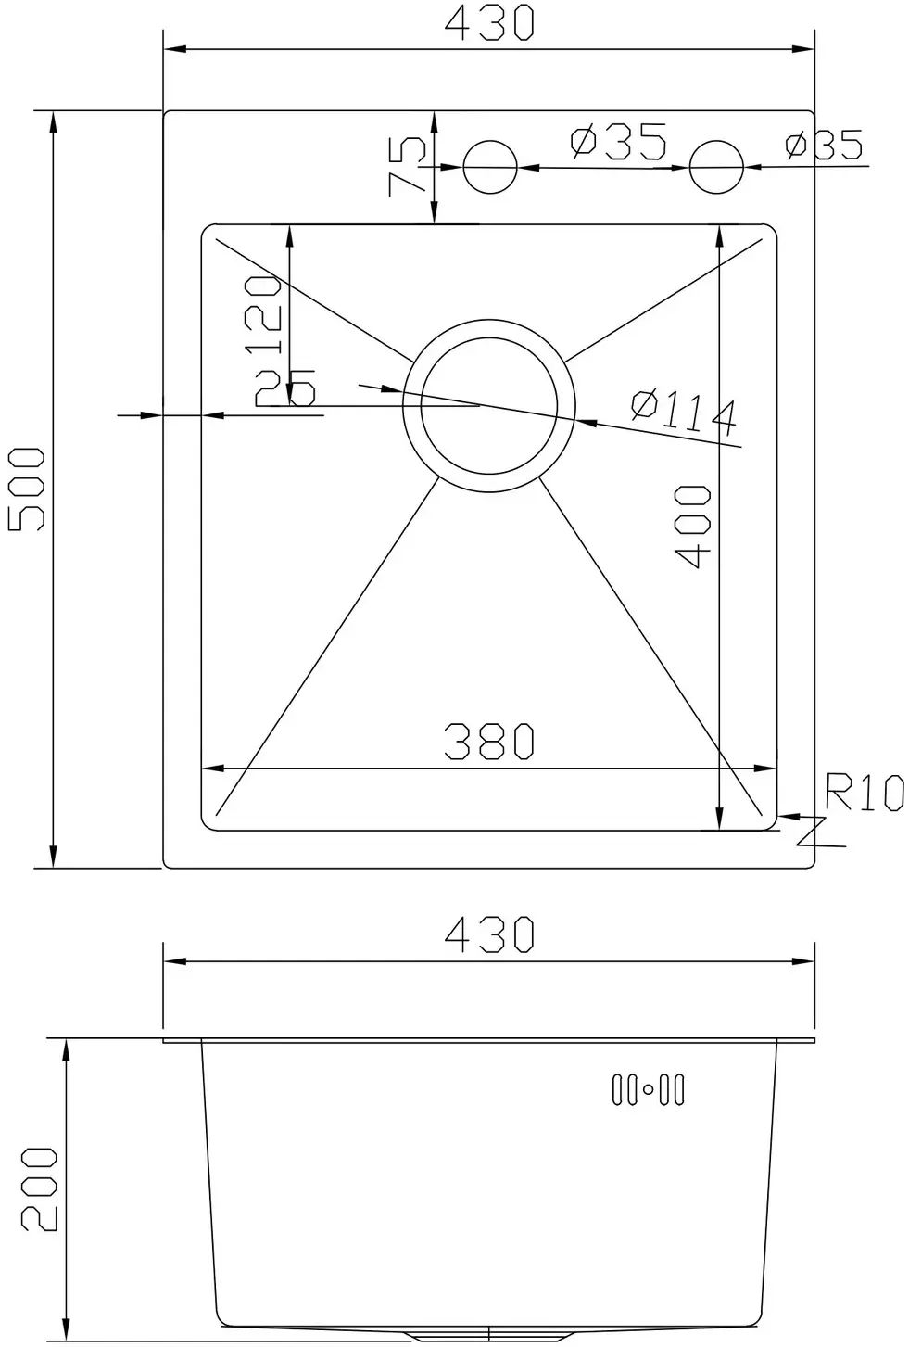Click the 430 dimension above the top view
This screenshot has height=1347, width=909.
pos(489,23)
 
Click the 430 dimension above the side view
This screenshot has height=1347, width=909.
pos(489,934)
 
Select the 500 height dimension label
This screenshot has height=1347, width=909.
pos(25,489)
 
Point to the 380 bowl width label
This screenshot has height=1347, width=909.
pos(489,742)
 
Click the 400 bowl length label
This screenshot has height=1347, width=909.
pos(692,525)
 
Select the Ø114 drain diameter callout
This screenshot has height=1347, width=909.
pos(684,412)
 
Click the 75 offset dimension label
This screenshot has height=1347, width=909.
pos(407,166)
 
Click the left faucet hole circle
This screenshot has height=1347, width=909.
pos(489,167)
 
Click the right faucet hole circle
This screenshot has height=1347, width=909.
pos(717,167)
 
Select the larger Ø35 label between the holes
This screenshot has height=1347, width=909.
pos(618,142)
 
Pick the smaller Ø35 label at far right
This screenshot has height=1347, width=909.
pos(823,146)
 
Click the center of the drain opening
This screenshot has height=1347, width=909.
pos(489,405)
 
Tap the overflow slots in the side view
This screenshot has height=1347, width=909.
pos(648,1089)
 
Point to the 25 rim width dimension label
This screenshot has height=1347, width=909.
pos(285,388)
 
